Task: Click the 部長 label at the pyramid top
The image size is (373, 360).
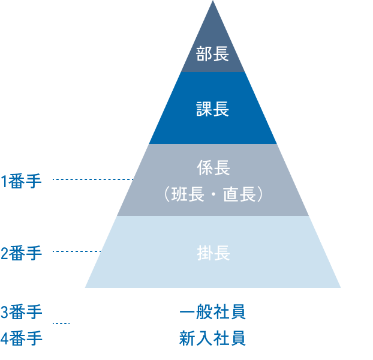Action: pyautogui.click(x=213, y=55)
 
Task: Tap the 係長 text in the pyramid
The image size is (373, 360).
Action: pyautogui.click(x=213, y=168)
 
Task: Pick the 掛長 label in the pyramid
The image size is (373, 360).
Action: pyautogui.click(x=213, y=253)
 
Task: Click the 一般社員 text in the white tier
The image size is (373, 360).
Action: pyautogui.click(x=213, y=313)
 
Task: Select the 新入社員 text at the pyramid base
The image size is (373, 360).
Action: pyautogui.click(x=213, y=338)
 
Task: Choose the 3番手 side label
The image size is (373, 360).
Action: pyautogui.click(x=22, y=313)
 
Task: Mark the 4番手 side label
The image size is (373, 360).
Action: pyautogui.click(x=22, y=338)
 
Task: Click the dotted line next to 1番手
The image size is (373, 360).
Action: pyautogui.click(x=93, y=179)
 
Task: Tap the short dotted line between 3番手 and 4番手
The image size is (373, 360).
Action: pyautogui.click(x=62, y=324)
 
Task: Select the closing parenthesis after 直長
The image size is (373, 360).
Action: pyautogui.click(x=258, y=195)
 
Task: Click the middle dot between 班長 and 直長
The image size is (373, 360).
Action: pyautogui.click(x=213, y=196)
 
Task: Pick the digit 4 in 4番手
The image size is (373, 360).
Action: pyautogui.click(x=4, y=338)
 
